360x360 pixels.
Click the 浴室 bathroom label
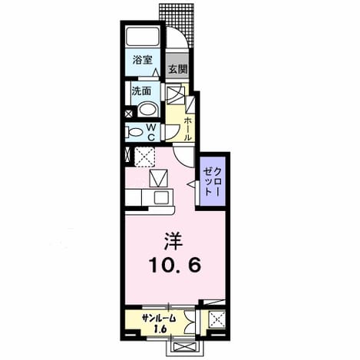143,60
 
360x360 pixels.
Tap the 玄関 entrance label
177,69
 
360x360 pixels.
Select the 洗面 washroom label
141,91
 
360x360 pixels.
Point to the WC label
151,132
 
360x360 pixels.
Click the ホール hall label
187,129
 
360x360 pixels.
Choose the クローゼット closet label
212,181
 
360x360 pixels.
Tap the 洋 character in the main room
173,241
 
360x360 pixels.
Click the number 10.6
174,265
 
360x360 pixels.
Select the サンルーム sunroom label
159,319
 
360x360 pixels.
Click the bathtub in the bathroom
143,37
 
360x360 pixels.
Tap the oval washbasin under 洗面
148,110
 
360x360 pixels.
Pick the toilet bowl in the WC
134,133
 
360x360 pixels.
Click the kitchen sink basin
161,197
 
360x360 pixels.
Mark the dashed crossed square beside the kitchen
144,157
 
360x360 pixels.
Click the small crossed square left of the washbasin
128,114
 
